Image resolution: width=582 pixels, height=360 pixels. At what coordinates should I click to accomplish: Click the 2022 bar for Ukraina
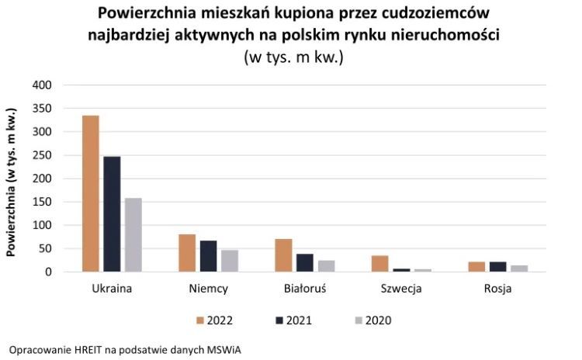(91, 194)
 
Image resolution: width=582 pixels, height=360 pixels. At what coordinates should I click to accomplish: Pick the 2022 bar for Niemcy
(187, 253)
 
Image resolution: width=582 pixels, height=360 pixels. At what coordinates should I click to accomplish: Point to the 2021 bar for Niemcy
(208, 256)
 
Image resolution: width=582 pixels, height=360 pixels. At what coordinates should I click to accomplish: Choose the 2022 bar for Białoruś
(283, 255)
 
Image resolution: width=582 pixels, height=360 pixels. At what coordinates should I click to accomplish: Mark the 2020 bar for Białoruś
(326, 266)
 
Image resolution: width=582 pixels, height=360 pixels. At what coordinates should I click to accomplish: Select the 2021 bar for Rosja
(497, 267)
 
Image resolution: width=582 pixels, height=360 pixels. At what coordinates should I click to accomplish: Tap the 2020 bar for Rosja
(518, 268)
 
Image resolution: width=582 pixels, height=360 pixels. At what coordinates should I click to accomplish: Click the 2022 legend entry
(213, 320)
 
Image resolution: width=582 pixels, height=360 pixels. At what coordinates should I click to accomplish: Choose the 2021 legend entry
(292, 320)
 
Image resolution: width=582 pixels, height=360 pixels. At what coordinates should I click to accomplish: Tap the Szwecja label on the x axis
(401, 290)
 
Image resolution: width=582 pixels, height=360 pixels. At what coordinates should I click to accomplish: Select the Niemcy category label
(208, 290)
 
